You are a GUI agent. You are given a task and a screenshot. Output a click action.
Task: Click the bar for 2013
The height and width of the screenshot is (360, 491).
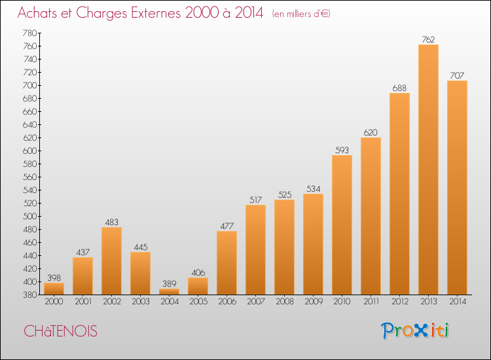point(428,170)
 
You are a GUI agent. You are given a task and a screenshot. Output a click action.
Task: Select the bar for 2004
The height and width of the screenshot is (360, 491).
point(169,291)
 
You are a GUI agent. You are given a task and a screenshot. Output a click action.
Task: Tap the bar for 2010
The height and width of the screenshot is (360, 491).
point(342,225)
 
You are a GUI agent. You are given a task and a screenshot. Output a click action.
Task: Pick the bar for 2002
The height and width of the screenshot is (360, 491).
point(111,261)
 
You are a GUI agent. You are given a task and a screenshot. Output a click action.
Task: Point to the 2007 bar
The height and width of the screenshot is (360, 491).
point(255,249)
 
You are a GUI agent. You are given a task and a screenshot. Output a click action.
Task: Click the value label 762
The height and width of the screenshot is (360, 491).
point(428,39)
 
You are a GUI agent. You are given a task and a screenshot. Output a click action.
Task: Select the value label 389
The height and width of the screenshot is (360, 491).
point(169,283)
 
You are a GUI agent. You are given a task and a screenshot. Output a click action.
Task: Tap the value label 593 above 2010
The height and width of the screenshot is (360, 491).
point(342,151)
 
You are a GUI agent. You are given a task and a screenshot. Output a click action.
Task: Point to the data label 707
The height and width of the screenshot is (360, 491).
point(457,75)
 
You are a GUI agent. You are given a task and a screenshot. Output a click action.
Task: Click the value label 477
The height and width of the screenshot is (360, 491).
point(227,226)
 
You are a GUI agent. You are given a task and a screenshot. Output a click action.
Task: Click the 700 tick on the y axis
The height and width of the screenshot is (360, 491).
point(29,85)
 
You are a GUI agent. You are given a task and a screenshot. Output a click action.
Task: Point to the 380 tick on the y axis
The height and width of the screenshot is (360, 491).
point(29,295)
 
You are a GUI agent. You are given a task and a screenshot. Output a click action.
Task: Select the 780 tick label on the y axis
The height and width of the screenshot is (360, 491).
point(29,33)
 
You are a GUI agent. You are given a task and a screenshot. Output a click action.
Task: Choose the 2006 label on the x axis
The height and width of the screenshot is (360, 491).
point(227,302)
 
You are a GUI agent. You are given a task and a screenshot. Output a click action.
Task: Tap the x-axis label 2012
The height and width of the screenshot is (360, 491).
point(400,302)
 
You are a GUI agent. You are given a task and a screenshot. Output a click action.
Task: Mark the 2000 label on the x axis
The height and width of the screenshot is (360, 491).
point(54,302)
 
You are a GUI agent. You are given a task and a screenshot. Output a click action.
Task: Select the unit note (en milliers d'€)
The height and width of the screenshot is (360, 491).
point(301,14)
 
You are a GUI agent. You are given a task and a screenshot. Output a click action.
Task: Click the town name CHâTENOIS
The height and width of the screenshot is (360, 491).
point(60,331)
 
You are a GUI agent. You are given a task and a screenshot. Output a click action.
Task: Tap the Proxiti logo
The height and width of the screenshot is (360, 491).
point(415,331)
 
